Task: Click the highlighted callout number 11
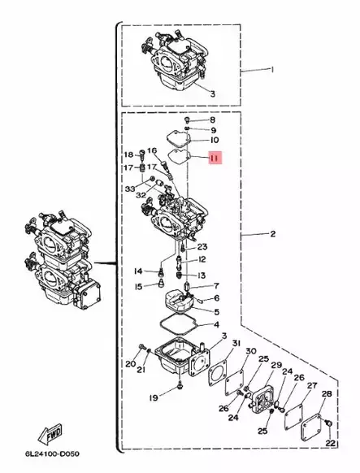[214, 158]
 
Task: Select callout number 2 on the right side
[273, 234]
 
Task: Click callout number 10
[215, 140]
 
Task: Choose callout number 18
[128, 154]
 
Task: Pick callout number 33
[130, 189]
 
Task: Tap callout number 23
[202, 247]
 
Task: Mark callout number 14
[138, 271]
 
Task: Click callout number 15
[138, 286]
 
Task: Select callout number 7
[217, 286]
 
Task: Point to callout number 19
[152, 397]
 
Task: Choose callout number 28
[326, 394]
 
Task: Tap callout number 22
[332, 443]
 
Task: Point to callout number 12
[202, 260]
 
